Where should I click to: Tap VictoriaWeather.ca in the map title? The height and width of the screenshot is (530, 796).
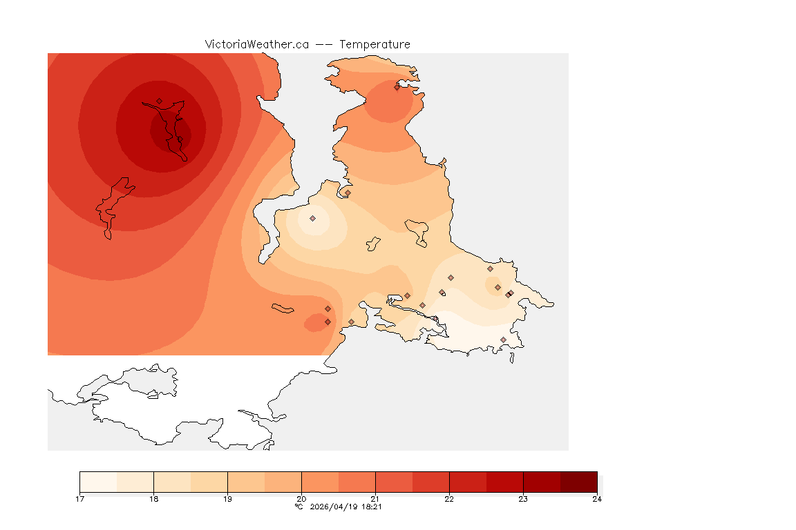[x=256, y=44]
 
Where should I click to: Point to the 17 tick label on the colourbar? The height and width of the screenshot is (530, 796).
[x=80, y=499]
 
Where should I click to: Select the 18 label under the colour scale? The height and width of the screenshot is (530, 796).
[x=153, y=499]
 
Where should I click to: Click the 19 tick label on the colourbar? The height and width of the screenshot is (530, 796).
[x=227, y=499]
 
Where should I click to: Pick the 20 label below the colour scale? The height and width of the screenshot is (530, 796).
[x=301, y=499]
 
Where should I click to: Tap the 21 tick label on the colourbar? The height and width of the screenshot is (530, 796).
[x=375, y=499]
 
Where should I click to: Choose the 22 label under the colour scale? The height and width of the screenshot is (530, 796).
[x=449, y=499]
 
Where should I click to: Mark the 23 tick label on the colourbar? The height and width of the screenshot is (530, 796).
[x=523, y=499]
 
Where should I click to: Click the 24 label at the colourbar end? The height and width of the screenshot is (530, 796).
[x=597, y=499]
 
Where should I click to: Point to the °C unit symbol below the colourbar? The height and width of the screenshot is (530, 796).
[x=298, y=507]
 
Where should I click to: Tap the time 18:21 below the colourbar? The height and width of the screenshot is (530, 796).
[x=372, y=507]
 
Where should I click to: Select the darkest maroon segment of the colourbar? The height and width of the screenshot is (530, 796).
[x=578, y=481]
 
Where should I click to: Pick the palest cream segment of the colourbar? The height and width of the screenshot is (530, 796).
[x=98, y=481]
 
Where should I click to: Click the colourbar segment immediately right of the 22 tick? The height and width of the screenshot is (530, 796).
[x=468, y=481]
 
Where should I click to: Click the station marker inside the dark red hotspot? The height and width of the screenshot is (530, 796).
[x=159, y=101]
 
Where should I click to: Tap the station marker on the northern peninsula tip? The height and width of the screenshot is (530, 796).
[x=397, y=87]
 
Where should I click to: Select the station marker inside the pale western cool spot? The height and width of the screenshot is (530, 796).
[x=312, y=218]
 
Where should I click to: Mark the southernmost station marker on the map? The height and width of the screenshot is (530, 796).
[x=503, y=340]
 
